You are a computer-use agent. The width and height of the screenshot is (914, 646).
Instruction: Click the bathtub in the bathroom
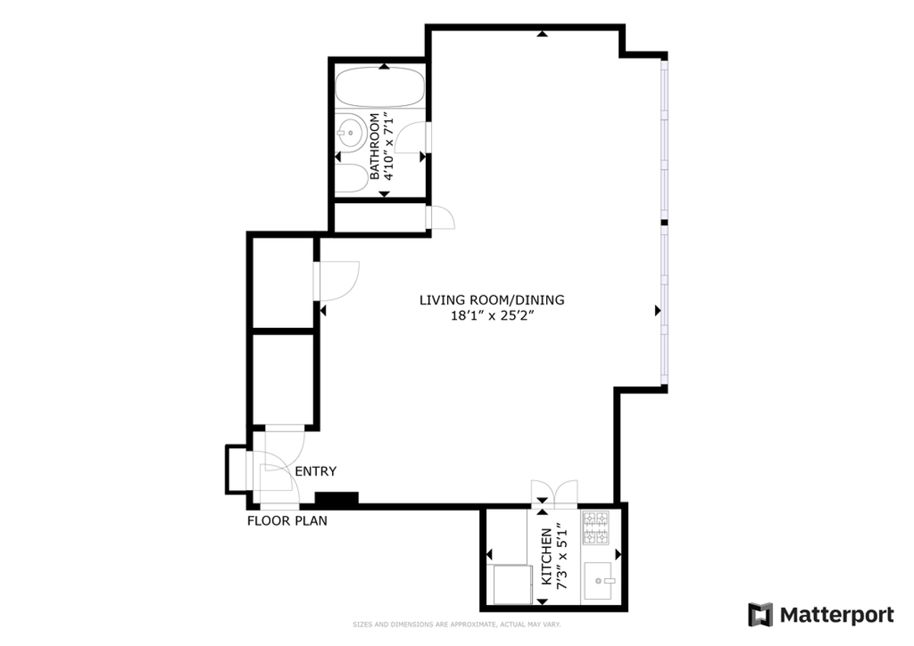point(379,88)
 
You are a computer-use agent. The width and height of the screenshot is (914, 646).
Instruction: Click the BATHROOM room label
point(375,147)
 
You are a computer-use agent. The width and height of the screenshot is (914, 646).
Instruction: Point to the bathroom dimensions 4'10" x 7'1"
point(390,147)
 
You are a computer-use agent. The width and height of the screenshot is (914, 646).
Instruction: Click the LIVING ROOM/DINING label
point(492,300)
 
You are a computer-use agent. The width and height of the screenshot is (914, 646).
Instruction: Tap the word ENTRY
point(315,472)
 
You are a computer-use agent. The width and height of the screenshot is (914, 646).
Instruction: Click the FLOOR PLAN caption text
point(287,521)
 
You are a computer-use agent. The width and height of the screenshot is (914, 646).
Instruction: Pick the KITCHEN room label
point(546,556)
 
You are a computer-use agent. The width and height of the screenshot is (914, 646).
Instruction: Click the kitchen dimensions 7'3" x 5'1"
point(561,556)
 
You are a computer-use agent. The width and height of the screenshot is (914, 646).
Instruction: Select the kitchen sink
point(601,581)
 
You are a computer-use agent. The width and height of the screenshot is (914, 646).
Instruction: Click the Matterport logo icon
point(760,615)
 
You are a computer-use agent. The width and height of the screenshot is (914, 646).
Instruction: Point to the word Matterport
point(836,615)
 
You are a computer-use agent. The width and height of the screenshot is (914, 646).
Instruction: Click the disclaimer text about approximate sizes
point(457,625)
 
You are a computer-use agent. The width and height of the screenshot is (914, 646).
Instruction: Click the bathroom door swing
point(417,138)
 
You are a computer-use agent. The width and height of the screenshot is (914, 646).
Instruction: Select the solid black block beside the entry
point(337,499)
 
